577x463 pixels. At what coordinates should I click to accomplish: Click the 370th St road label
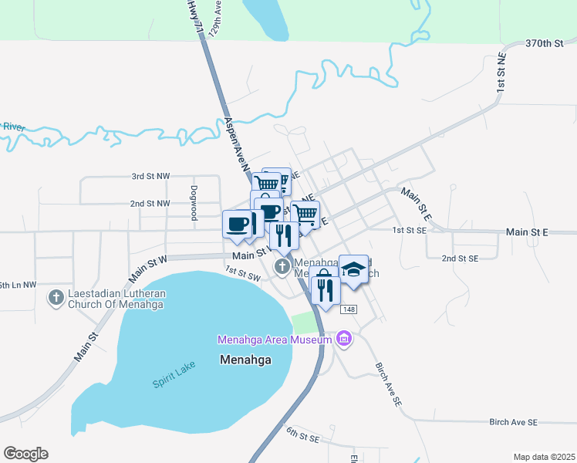click(545, 43)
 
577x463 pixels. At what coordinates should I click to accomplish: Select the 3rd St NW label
click(150, 176)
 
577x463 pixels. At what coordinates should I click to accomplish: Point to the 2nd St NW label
click(150, 203)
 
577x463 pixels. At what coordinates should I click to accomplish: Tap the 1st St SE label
click(409, 230)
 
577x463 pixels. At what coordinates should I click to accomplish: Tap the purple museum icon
click(344, 339)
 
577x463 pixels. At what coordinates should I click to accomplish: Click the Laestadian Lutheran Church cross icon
click(56, 297)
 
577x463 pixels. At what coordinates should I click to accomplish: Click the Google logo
click(25, 454)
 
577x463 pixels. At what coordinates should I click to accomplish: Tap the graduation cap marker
click(353, 269)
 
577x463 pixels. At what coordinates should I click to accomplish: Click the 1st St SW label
click(243, 273)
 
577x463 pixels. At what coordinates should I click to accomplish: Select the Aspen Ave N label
click(238, 144)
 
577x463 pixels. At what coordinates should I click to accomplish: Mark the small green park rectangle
click(305, 323)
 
